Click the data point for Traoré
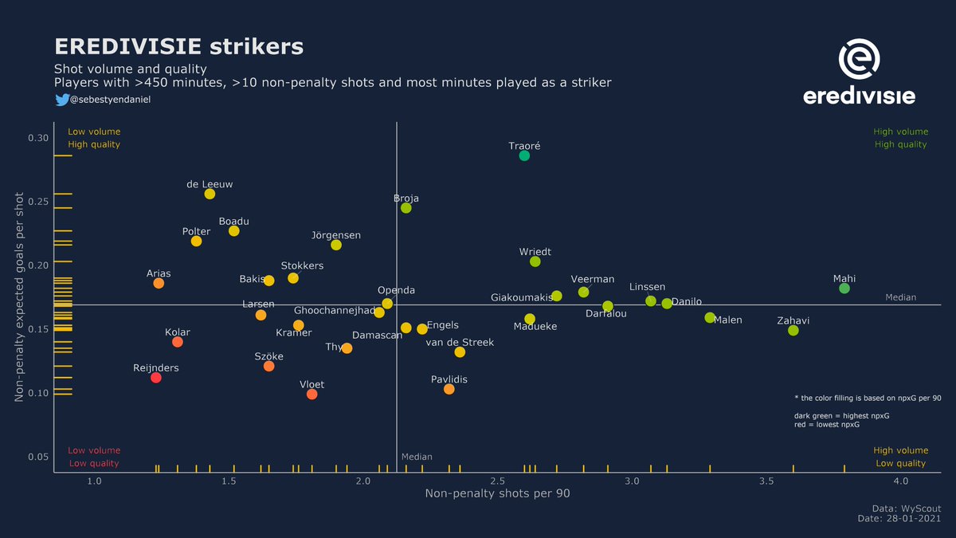[x=524, y=155]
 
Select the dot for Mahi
[x=844, y=289]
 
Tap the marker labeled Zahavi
[x=793, y=330]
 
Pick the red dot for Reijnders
[x=156, y=378]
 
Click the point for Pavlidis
[x=449, y=389]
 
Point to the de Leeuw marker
[x=210, y=194]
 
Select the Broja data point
[x=406, y=208]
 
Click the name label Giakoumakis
[x=521, y=298]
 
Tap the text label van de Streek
[x=460, y=343]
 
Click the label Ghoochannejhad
[x=335, y=310]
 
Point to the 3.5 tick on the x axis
[x=766, y=481]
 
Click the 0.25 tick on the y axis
[x=38, y=202]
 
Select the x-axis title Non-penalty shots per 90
[x=497, y=494]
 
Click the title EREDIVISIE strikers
[x=178, y=46]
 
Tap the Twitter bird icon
[x=61, y=100]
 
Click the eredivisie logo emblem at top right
[x=860, y=61]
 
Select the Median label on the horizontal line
[x=900, y=297]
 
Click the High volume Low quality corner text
[x=900, y=457]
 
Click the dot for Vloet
[x=311, y=395]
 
